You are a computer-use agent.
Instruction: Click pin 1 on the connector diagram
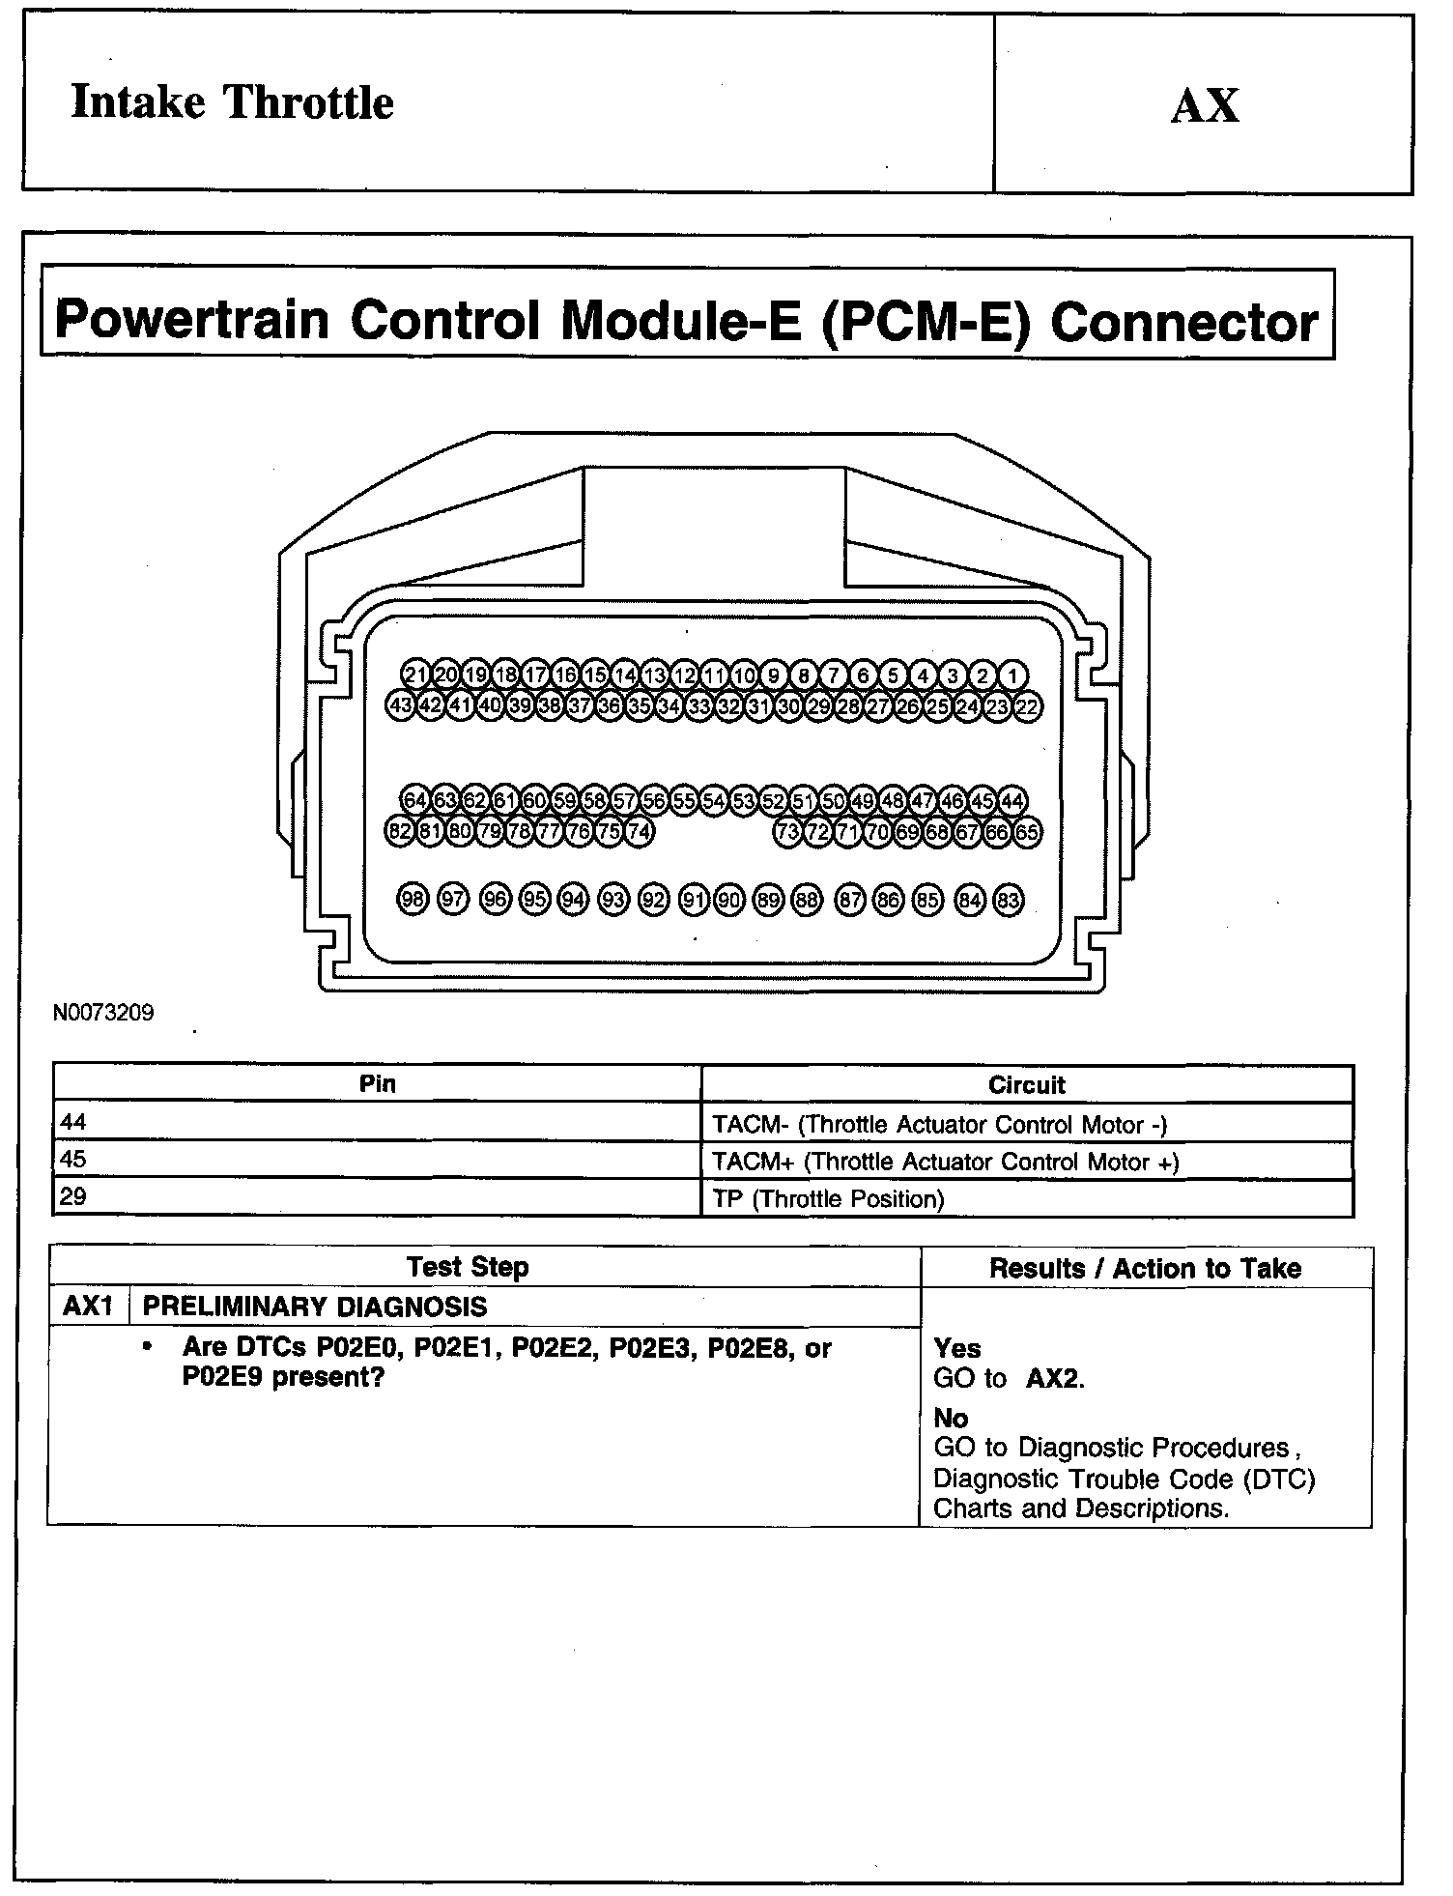coord(1012,675)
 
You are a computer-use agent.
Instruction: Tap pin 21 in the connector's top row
coord(416,675)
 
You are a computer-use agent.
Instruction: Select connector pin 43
coord(401,705)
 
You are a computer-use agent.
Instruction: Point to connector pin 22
coord(1027,706)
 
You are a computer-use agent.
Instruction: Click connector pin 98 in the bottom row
coord(413,900)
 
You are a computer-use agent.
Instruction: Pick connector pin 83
coord(1008,901)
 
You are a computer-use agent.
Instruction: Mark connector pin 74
coord(639,831)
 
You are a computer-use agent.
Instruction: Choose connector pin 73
coord(788,831)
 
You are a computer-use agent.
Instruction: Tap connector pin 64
coord(415,800)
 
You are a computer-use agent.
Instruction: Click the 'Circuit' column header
coord(1026,1084)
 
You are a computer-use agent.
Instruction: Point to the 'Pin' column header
coord(377,1083)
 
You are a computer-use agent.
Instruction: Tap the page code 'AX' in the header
coord(1204,105)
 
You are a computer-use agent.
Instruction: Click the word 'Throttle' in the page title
coord(308,102)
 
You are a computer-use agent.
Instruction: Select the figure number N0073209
coord(103,1014)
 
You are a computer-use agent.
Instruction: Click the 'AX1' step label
coord(88,1307)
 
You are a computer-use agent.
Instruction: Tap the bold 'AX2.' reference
coord(1055,1379)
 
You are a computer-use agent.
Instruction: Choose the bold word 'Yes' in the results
coord(957,1348)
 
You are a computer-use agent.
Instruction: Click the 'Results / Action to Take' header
coord(1145,1268)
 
